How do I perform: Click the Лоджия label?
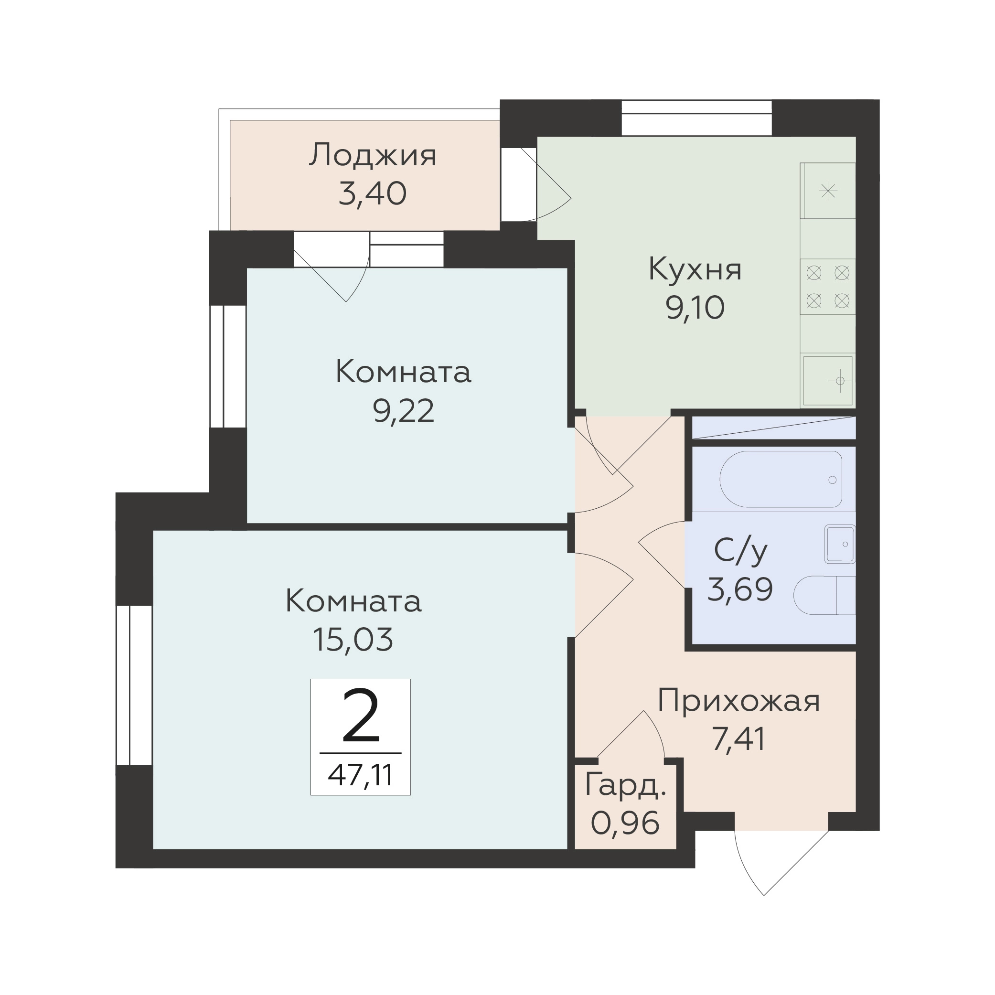[x=373, y=155]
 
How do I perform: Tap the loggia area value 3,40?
[x=373, y=193]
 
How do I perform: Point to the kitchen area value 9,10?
[x=695, y=308]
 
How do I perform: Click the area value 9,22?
[x=403, y=411]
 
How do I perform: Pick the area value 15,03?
[x=353, y=640]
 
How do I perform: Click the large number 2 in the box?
[x=361, y=717]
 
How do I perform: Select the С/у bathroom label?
[x=740, y=551]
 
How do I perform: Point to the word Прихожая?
[x=738, y=701]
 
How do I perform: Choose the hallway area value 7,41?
[x=738, y=739]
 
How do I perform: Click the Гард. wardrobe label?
[x=626, y=786]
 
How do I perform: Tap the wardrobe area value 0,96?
[x=625, y=823]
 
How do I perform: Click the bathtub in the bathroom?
[x=781, y=479]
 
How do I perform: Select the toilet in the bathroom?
[x=824, y=595]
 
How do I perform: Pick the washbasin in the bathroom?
[x=840, y=544]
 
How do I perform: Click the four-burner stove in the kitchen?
[x=828, y=286]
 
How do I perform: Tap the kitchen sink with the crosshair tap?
[x=828, y=381]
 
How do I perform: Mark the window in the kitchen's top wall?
[x=697, y=118]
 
